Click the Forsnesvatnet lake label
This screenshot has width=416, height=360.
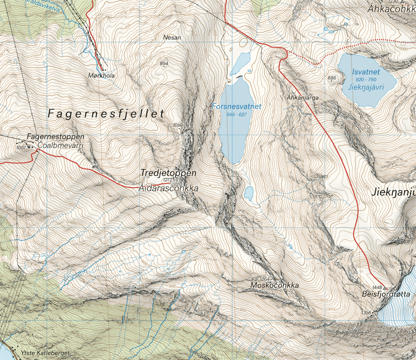pyautogui.click(x=236, y=107)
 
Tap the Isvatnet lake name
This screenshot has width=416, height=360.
pyautogui.click(x=366, y=72)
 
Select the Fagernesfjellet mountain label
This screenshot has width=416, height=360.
pyautogui.click(x=106, y=114)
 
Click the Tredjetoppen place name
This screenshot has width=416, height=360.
pyautogui.click(x=168, y=173)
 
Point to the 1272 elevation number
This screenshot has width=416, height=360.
pyautogui.click(x=167, y=180)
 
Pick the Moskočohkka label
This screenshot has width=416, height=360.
pyautogui.click(x=275, y=285)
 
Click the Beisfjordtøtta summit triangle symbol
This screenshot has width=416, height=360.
pyautogui.click(x=385, y=288)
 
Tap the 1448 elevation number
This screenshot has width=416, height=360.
pyautogui.click(x=377, y=288)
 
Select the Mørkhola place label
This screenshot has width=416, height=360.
pyautogui.click(x=101, y=75)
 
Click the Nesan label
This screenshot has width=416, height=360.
pyautogui.click(x=172, y=37)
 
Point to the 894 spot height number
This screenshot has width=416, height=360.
pyautogui.click(x=164, y=64)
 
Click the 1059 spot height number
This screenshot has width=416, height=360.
pyautogui.click(x=177, y=125)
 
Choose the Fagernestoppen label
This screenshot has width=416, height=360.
pyautogui.click(x=55, y=137)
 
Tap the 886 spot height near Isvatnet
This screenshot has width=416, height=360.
pyautogui.click(x=332, y=78)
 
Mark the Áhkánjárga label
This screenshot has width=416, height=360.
pyautogui.click(x=303, y=98)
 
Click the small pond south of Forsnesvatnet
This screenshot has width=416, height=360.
pyautogui.click(x=249, y=193)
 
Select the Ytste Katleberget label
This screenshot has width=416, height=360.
pyautogui.click(x=45, y=353)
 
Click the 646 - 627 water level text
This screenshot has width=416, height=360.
pyautogui.click(x=236, y=115)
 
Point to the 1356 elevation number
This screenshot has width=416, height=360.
pyautogui.click(x=366, y=313)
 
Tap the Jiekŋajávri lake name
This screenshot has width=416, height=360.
pyautogui.click(x=366, y=87)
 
